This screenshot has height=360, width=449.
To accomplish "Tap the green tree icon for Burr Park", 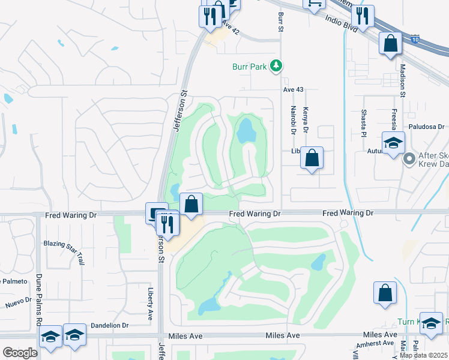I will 276,65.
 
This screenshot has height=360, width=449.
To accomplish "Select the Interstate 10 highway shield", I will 415,40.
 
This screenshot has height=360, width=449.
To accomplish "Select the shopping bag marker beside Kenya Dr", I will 312,159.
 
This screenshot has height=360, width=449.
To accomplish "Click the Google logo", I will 20,352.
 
